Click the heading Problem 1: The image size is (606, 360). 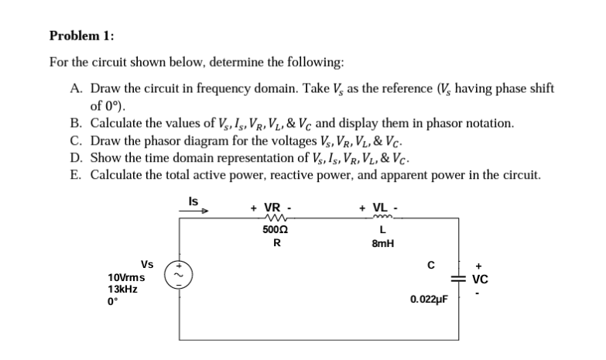(x=81, y=36)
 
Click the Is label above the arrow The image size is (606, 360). (x=193, y=200)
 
